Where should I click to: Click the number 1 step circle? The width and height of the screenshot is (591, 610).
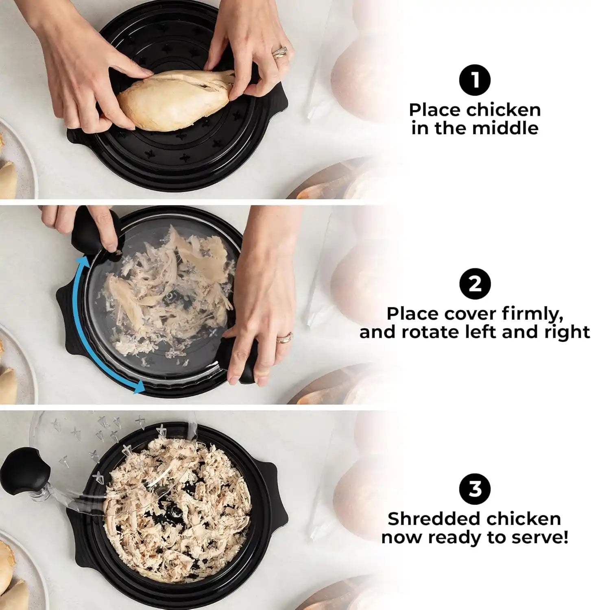click(474, 80)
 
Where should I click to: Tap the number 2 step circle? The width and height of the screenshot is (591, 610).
click(474, 284)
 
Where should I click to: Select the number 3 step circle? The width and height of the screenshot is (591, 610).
click(474, 488)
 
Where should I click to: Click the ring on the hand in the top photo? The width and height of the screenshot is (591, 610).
click(280, 52)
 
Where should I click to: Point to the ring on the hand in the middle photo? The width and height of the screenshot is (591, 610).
click(284, 338)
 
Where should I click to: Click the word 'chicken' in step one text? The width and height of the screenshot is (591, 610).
click(503, 110)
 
